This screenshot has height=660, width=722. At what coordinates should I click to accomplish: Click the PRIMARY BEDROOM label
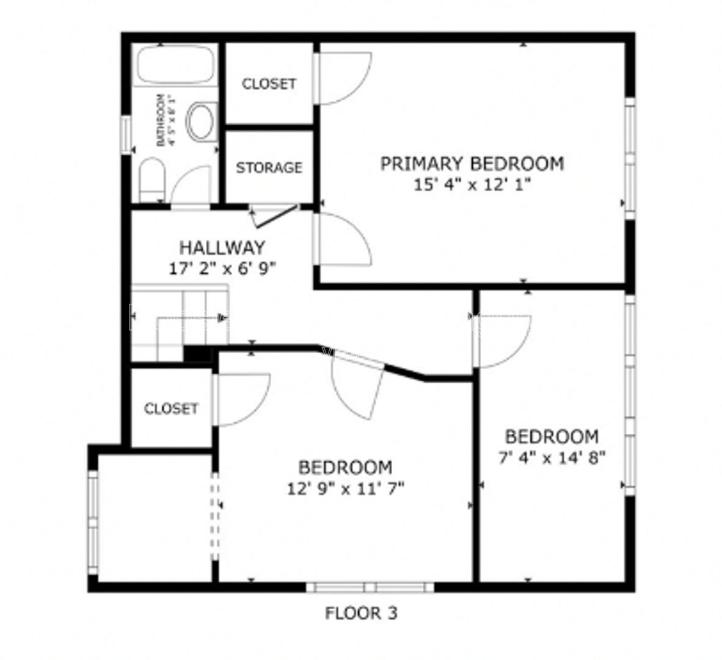tap(472, 164)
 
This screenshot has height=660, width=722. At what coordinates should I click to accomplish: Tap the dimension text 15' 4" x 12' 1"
tap(472, 184)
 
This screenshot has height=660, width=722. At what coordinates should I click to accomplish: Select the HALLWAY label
tap(222, 248)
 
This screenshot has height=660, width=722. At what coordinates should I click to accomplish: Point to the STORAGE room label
tap(269, 167)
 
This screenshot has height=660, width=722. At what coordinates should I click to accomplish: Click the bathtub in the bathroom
tap(175, 65)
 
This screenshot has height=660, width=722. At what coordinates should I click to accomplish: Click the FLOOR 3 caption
tap(360, 613)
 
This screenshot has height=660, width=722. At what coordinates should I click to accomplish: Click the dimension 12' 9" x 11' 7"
tap(345, 489)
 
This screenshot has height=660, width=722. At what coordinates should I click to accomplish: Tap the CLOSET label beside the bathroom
tap(269, 84)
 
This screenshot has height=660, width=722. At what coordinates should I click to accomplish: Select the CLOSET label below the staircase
tap(171, 408)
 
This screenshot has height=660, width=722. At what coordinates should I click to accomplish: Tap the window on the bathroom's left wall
tap(126, 134)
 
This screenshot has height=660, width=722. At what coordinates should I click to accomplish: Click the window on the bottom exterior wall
tap(370, 587)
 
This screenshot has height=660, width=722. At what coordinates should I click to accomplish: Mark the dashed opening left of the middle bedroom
tap(214, 516)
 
